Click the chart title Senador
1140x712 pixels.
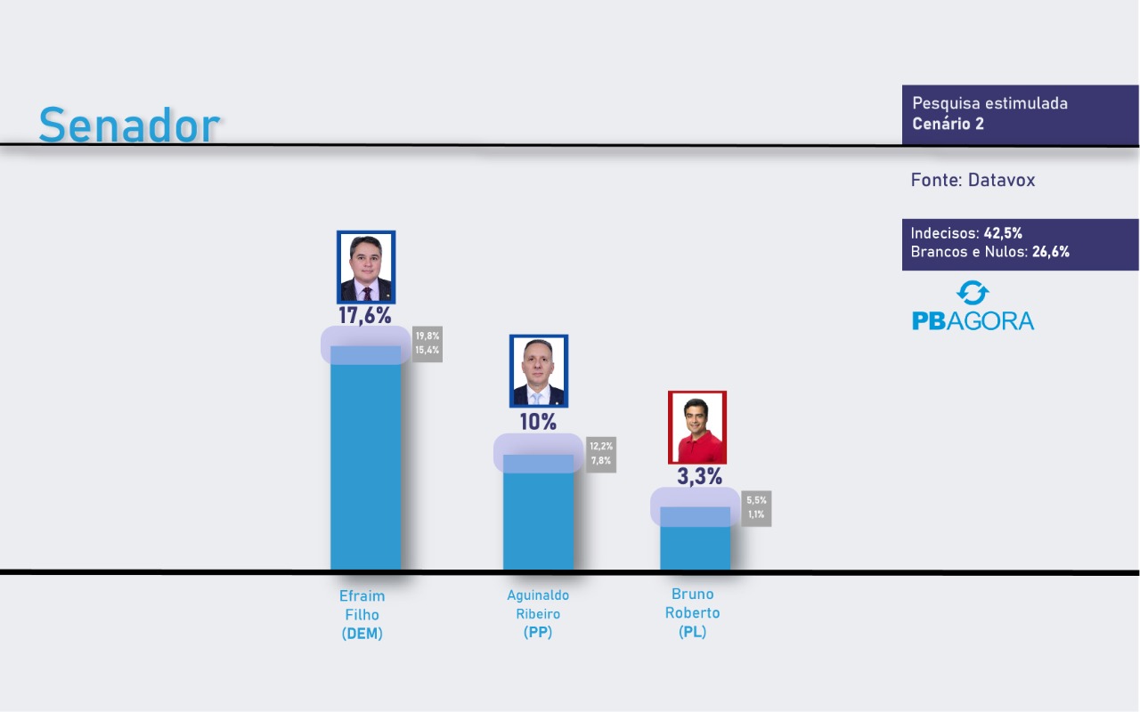point(128,125)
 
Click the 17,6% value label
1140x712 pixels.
point(364,315)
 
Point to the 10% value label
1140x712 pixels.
point(538,422)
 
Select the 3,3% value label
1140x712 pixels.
point(699,476)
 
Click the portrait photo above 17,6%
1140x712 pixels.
point(365,267)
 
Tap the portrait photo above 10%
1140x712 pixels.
point(538,371)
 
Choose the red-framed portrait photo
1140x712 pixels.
point(697,427)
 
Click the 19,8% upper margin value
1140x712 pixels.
point(427,336)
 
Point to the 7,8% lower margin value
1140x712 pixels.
point(600,460)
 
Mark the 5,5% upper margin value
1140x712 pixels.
point(756,500)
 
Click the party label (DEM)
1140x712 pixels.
point(362,634)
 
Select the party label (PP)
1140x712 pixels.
point(538,632)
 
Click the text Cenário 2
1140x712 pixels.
point(948,124)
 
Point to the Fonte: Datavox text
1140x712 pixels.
point(973,180)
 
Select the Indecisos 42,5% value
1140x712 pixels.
point(1002,233)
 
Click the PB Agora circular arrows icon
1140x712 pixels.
point(972,293)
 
